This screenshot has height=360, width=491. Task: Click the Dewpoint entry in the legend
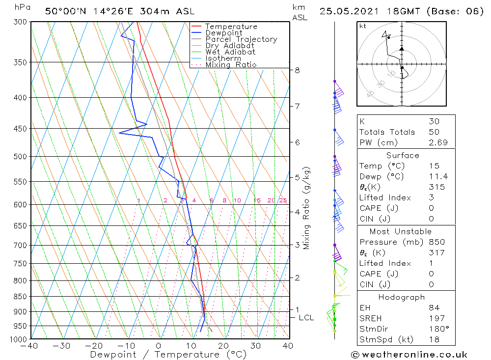pos(223,33)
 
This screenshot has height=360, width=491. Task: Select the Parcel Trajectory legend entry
pos(241,39)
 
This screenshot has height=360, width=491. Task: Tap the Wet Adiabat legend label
pos(230,52)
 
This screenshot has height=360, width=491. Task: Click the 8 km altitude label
pos(298,70)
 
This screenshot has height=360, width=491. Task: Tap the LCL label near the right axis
pos(306,318)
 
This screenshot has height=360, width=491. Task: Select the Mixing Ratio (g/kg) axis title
pos(307,208)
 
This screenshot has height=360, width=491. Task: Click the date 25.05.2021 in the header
pos(346,11)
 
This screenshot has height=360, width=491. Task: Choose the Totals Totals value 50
pos(434,132)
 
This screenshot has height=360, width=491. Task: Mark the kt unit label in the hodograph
pos(362,26)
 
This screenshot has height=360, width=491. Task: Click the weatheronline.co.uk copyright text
pos(409,355)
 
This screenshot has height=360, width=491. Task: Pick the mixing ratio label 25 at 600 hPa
pos(283,200)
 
